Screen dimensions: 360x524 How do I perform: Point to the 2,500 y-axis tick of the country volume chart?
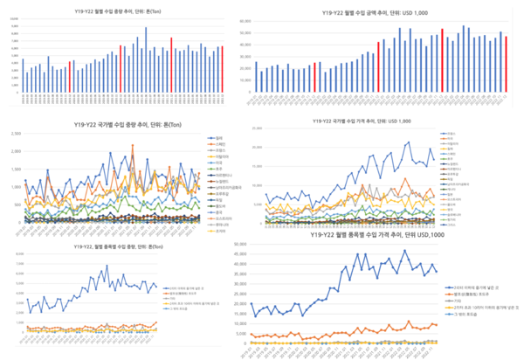pyautogui.click(x=15, y=134)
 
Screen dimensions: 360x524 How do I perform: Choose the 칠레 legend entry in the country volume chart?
pyautogui.click(x=217, y=136)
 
